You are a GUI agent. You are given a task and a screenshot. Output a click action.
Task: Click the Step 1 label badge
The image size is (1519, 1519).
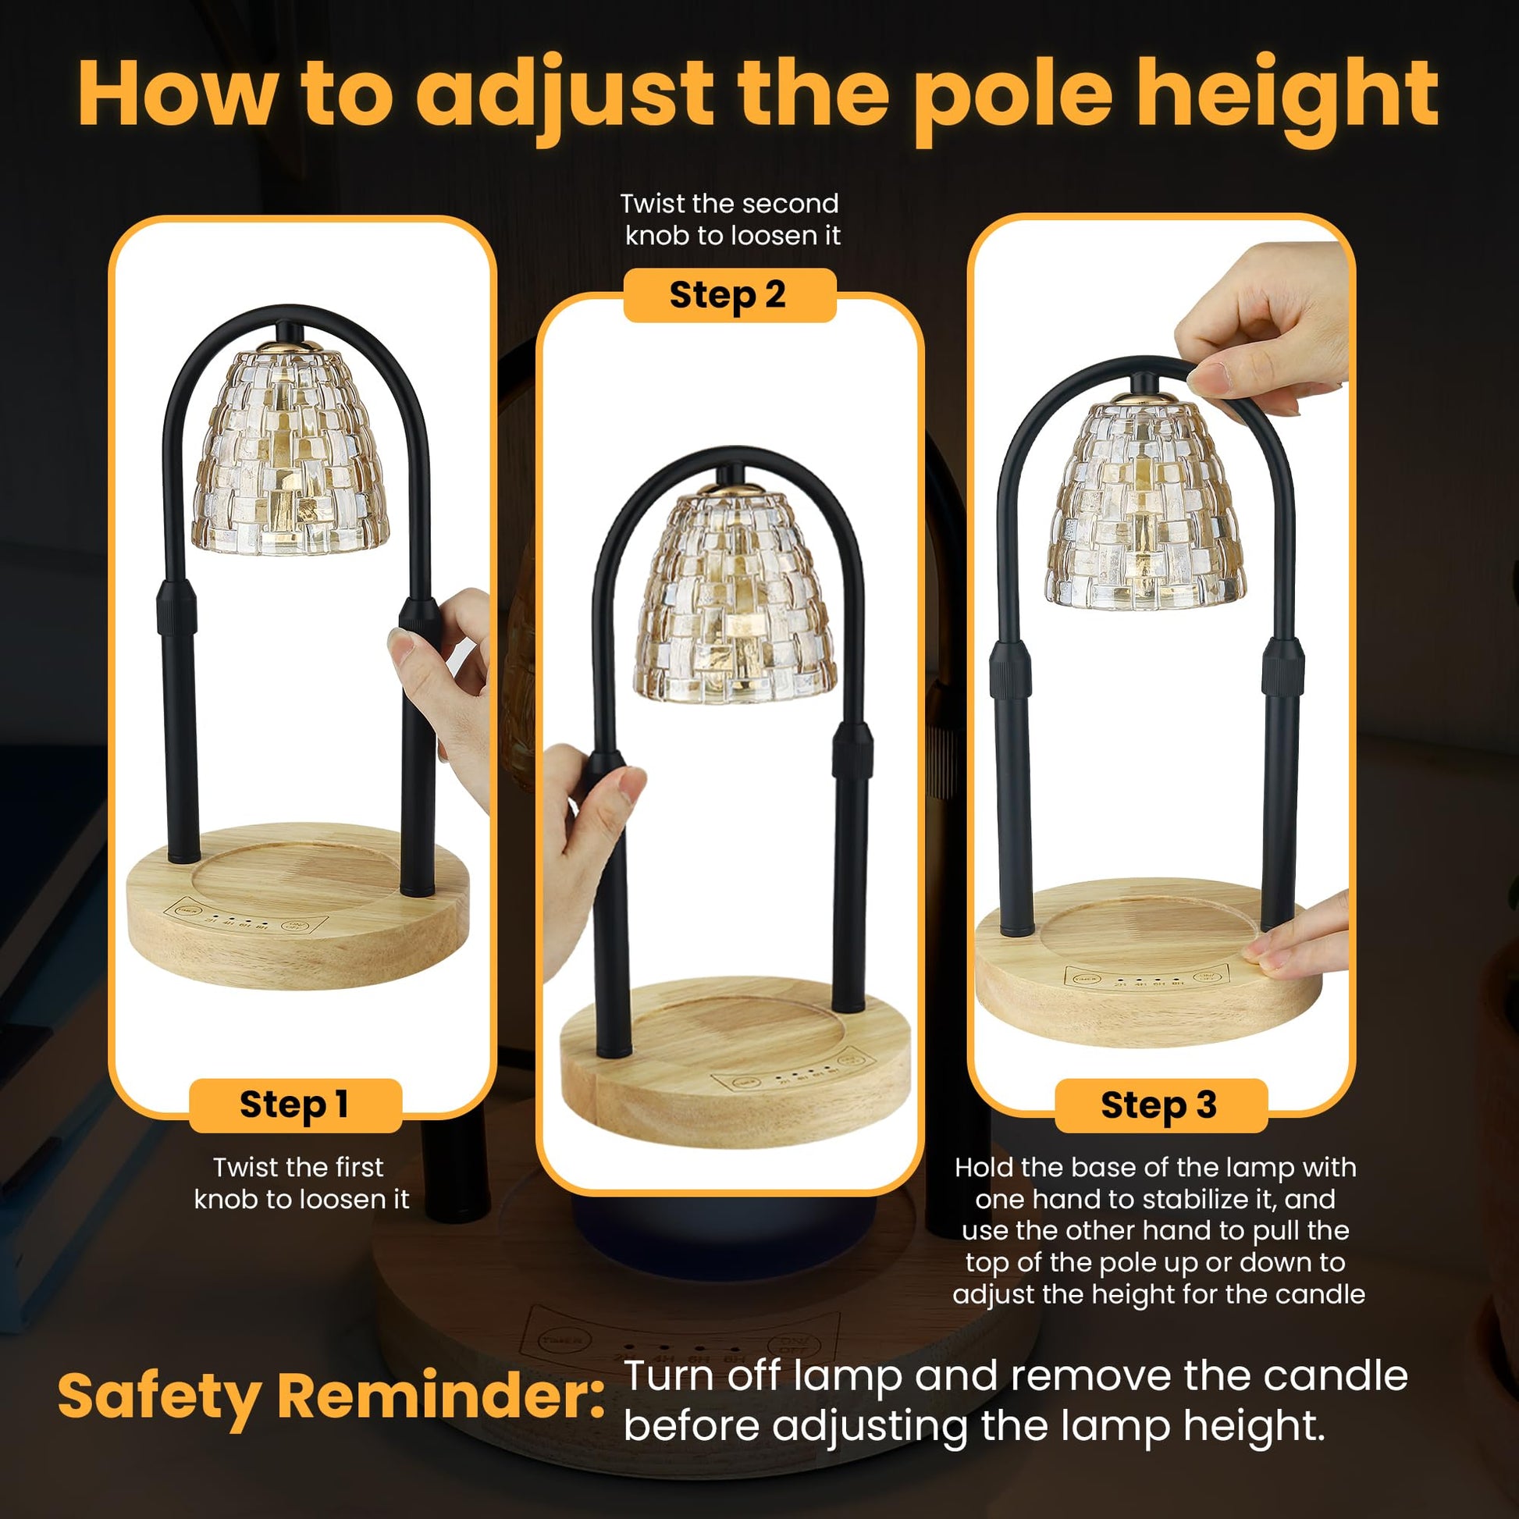[x=296, y=1105]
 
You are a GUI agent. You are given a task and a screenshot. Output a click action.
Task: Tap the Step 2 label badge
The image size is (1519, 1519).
[x=729, y=295]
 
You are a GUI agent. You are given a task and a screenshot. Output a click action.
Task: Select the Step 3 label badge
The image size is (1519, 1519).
[x=1161, y=1105]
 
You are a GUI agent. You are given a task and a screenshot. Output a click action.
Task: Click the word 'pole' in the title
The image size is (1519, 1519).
[x=1012, y=95]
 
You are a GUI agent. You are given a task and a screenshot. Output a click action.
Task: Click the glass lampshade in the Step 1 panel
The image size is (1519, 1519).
[x=291, y=449]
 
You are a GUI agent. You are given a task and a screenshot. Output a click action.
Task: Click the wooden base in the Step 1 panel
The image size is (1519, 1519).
[x=297, y=905]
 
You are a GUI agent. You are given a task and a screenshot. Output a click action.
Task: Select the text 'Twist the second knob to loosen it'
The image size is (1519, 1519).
[x=731, y=219]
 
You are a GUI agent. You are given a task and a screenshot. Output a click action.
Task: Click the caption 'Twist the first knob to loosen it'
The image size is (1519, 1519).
[x=301, y=1183]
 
